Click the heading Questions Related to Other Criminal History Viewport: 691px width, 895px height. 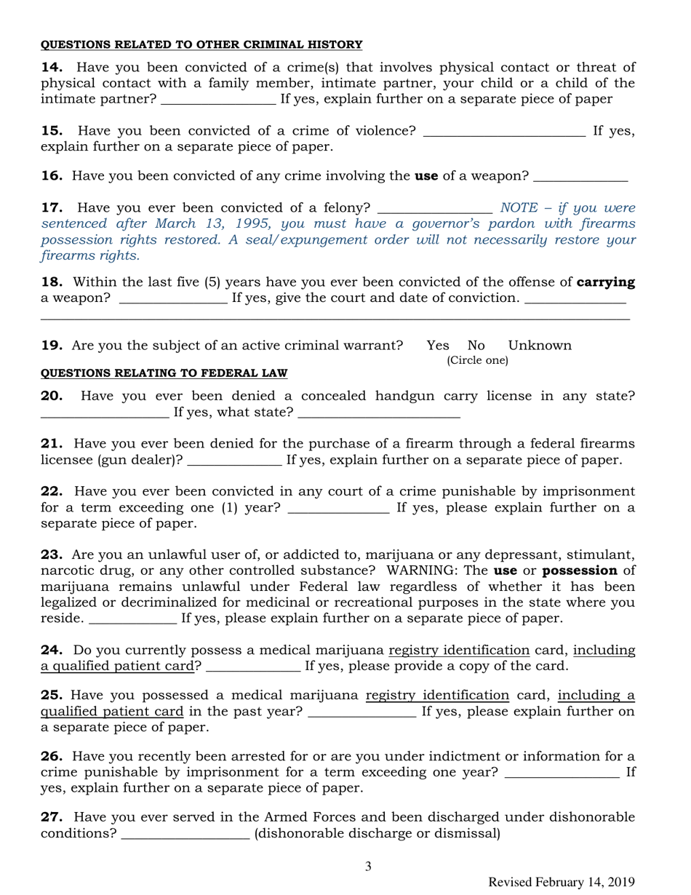[x=201, y=45]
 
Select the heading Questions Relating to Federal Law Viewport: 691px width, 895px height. [x=164, y=373]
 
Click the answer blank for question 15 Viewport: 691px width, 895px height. [x=504, y=134]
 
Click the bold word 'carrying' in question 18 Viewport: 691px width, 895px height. [x=606, y=281]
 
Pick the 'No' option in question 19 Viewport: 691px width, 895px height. [x=476, y=344]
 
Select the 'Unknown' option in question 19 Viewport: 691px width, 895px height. [x=540, y=344]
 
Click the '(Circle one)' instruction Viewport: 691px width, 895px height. [x=476, y=360]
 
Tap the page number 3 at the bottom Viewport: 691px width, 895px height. [x=368, y=866]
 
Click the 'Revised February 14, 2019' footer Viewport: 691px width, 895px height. [x=562, y=882]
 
